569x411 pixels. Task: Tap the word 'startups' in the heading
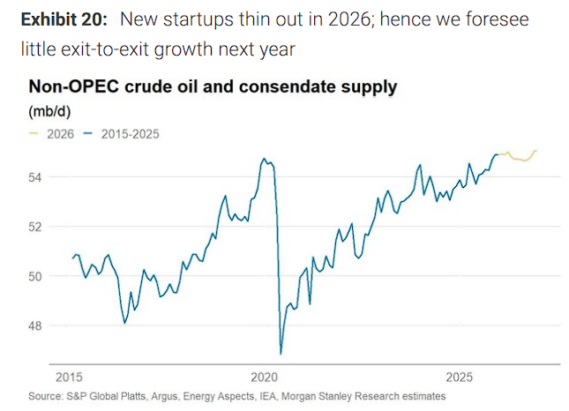[x=206, y=19]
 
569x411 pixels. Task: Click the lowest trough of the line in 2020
[x=281, y=354]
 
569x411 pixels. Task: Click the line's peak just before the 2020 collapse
[x=264, y=159]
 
